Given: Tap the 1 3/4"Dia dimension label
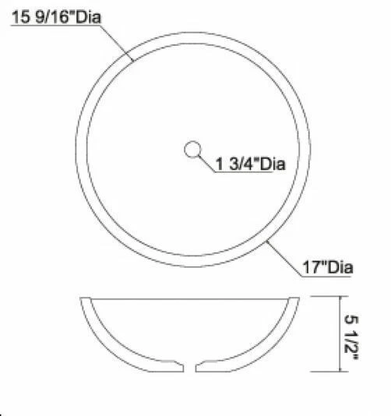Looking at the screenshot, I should tap(250, 164).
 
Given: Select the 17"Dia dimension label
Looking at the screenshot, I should tap(328, 268).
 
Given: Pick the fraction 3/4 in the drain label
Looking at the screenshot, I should tap(242, 164).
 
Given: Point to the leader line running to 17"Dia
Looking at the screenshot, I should tap(285, 258).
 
